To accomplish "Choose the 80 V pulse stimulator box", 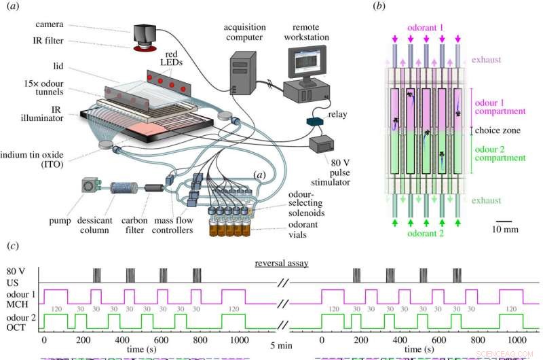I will [322, 145].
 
